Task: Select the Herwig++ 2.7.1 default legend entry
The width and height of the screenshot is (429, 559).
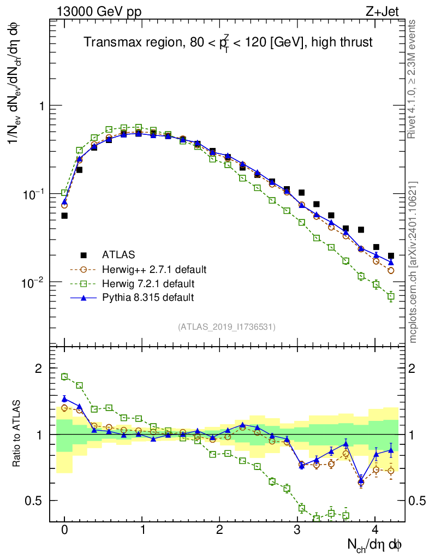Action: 154,269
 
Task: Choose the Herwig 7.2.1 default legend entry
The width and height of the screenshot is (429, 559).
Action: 148,283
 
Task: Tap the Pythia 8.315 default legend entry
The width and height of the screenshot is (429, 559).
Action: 147,298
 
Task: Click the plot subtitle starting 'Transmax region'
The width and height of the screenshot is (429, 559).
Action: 228,43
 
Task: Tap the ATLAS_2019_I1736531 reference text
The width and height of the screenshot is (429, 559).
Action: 227,327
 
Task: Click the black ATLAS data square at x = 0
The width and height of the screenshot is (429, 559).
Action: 64,216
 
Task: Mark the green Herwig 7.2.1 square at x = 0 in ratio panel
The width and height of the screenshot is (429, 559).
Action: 64,377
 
